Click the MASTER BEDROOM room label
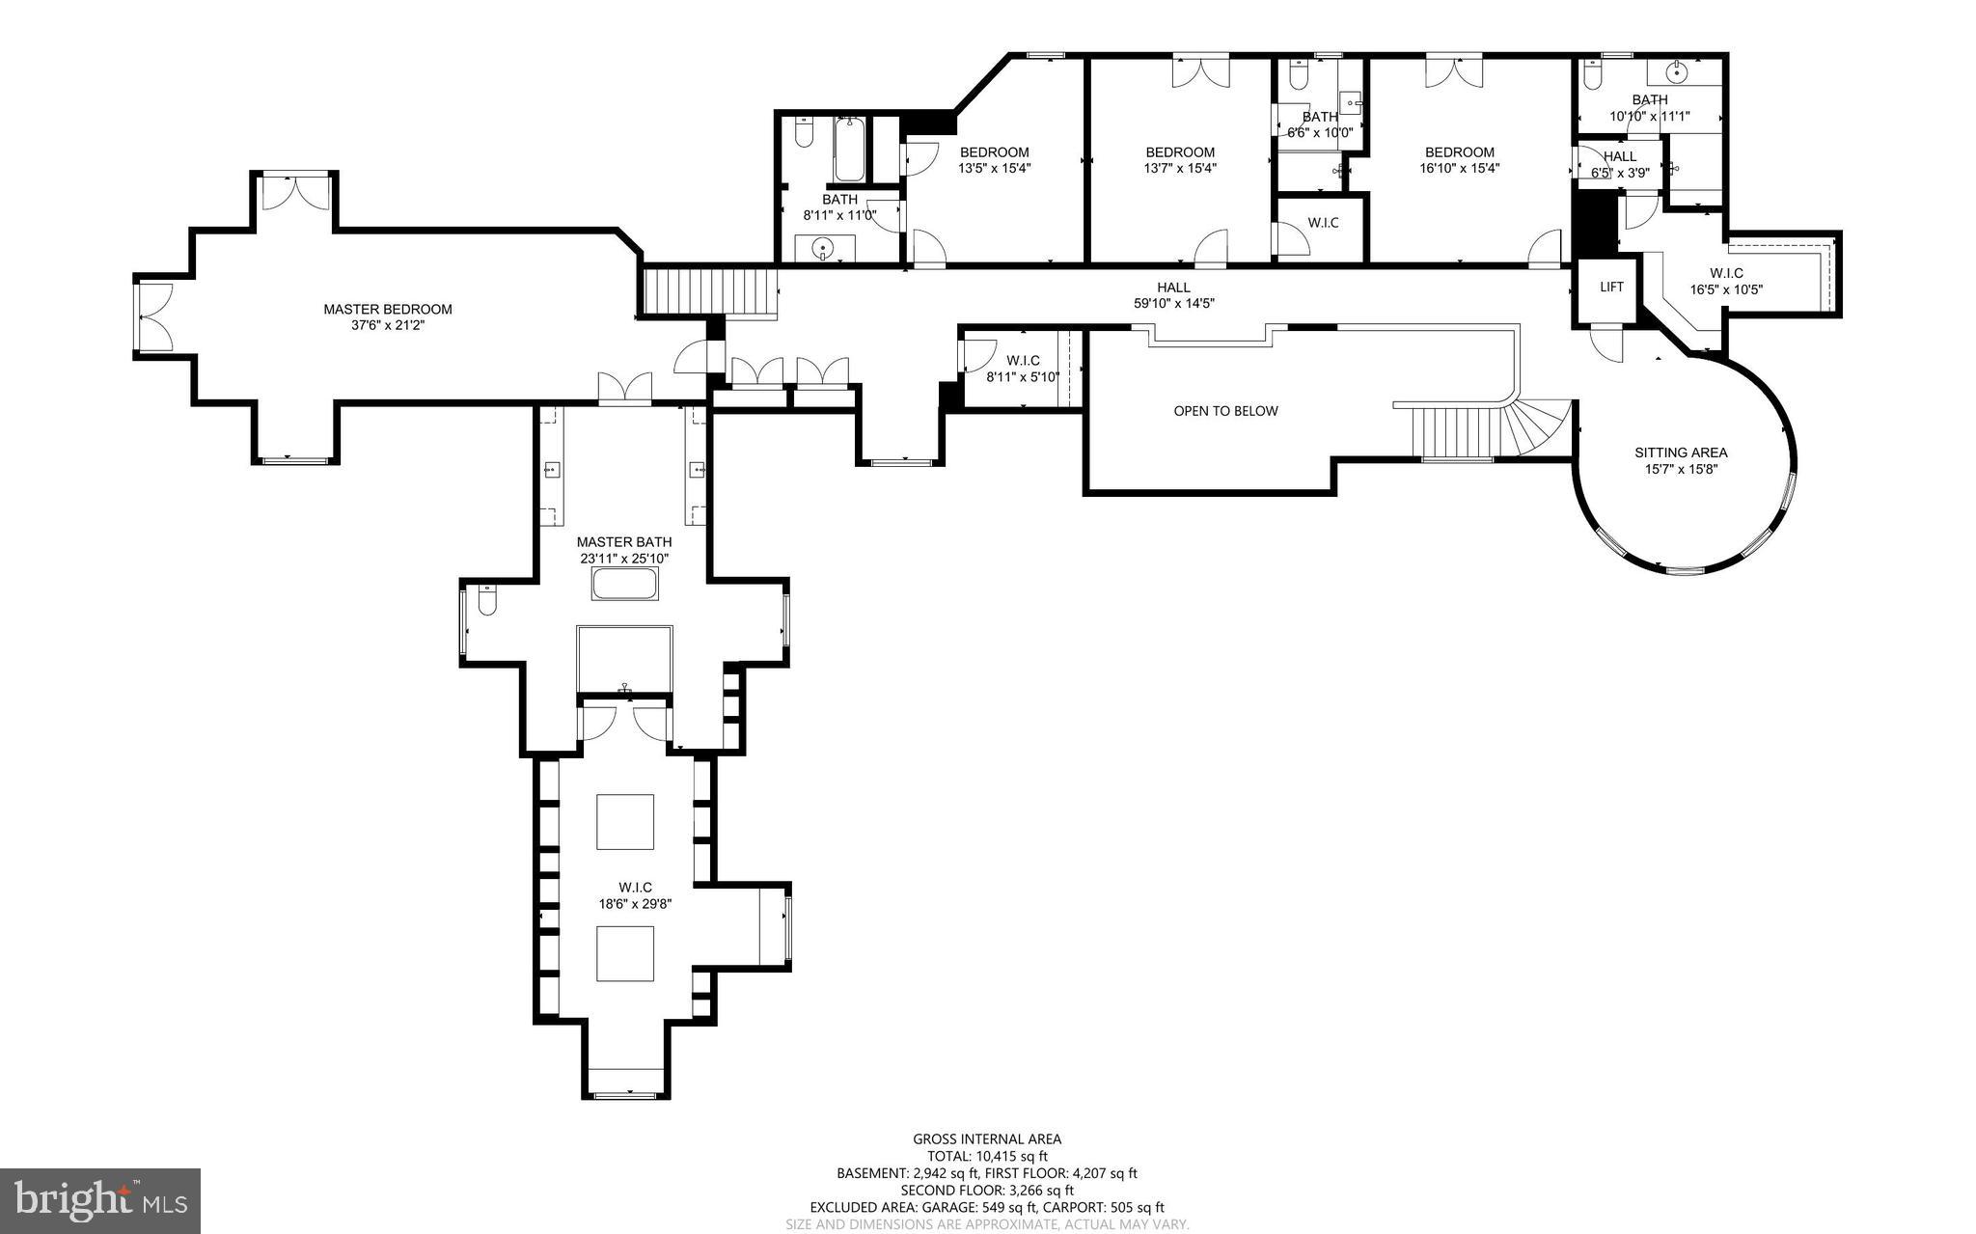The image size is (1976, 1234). [x=387, y=309]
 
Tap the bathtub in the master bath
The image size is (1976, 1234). [x=625, y=585]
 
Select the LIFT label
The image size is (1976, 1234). [x=1611, y=287]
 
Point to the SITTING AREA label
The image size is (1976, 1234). [x=1681, y=452]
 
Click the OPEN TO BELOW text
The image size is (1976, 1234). [x=1225, y=411]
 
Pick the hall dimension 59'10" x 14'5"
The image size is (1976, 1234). [x=1173, y=303]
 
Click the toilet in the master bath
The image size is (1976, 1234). [x=486, y=601]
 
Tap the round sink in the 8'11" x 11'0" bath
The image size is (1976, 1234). [x=823, y=249]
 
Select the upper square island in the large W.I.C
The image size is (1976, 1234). [x=625, y=822]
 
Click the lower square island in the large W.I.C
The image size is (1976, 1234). [x=625, y=953]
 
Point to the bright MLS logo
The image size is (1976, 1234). [x=100, y=1200]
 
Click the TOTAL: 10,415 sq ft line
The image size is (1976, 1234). [x=987, y=1156]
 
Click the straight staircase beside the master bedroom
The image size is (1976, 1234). [x=710, y=291]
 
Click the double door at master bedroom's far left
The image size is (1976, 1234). [x=155, y=316]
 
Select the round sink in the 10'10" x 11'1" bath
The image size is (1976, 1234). [x=1679, y=71]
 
